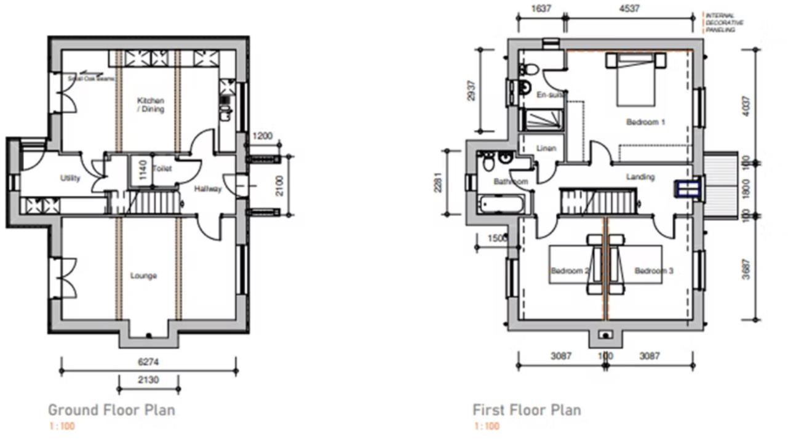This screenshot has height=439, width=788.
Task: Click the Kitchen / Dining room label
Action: [x=151, y=105]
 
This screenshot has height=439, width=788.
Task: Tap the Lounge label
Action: [x=143, y=276]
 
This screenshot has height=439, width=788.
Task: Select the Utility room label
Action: [x=70, y=179]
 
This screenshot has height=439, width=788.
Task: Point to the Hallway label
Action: [x=208, y=189]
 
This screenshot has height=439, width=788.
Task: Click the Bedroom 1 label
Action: [x=645, y=122]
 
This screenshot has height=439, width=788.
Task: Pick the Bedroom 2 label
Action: [x=570, y=271]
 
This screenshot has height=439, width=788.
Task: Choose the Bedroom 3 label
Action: [x=654, y=271]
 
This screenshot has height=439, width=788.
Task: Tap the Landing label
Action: [x=640, y=177]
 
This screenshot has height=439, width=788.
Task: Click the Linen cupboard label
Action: [x=546, y=148]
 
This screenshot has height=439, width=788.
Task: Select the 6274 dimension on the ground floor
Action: [x=148, y=363]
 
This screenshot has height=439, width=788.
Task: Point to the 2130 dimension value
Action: [x=148, y=380]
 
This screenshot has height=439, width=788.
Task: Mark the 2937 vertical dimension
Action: [x=472, y=91]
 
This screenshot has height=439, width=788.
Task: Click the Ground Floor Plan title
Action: [x=111, y=410]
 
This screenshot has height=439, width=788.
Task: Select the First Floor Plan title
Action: [x=527, y=410]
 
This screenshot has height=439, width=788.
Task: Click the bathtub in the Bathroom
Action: [x=500, y=203]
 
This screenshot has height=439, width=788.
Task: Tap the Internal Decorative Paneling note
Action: [x=724, y=23]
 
